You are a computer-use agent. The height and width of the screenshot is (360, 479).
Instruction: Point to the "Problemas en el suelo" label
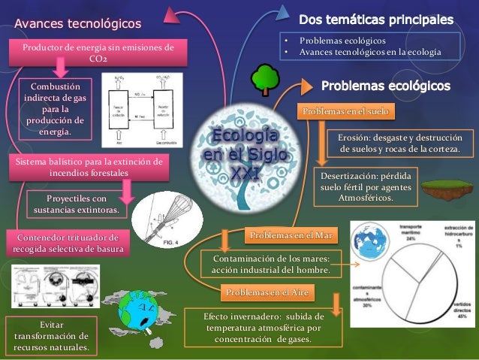pos(345,112)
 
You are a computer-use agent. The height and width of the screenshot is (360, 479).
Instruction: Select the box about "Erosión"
pos(399,144)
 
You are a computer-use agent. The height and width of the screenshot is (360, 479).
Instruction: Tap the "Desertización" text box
pos(365,186)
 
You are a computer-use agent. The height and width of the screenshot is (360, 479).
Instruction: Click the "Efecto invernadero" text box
pos(264,328)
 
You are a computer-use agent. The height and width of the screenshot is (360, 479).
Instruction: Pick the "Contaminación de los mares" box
pos(276,265)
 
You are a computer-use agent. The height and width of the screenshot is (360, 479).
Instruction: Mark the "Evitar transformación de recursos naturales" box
pos(50,335)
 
